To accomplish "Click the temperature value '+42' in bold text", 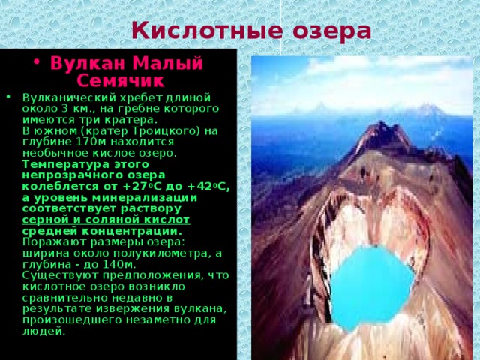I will coord(208,186).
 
